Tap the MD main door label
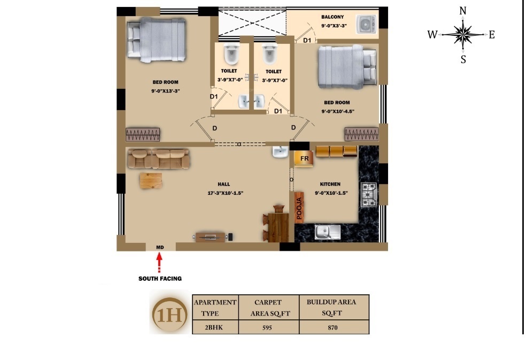[160, 247]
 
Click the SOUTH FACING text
[160, 279]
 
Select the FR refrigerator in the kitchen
[304, 159]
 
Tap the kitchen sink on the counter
[327, 232]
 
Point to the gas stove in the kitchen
[369, 195]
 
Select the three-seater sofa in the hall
[159, 158]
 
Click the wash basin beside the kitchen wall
[280, 153]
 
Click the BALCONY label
[332, 17]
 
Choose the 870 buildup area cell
[334, 327]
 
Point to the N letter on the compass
[463, 11]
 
